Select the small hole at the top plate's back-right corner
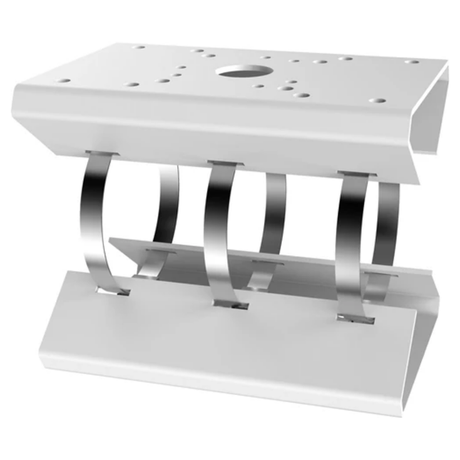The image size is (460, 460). [412, 61]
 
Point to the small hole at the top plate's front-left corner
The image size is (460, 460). [64, 81]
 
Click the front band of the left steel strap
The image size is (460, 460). [95, 214]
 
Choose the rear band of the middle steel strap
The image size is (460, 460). [275, 214]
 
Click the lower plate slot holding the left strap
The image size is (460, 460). [115, 292]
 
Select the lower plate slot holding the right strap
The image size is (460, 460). [354, 318]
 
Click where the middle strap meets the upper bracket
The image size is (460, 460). [224, 164]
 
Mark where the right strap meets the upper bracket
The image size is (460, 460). [354, 174]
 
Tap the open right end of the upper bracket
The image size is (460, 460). [431, 121]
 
